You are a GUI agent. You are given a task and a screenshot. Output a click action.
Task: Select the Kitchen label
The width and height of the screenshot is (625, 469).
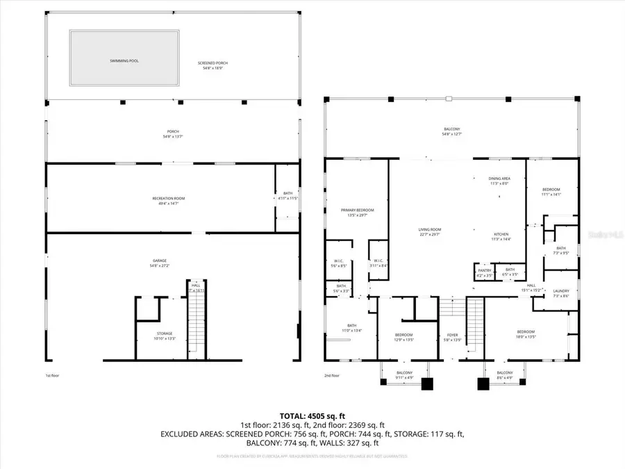(x=501, y=236)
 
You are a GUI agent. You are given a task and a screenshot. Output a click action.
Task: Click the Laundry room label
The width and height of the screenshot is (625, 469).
(x=560, y=293)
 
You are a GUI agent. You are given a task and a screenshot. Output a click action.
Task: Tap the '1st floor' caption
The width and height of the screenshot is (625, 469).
(x=52, y=375)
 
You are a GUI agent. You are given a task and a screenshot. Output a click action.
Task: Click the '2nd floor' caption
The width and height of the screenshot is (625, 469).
(x=332, y=375)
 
